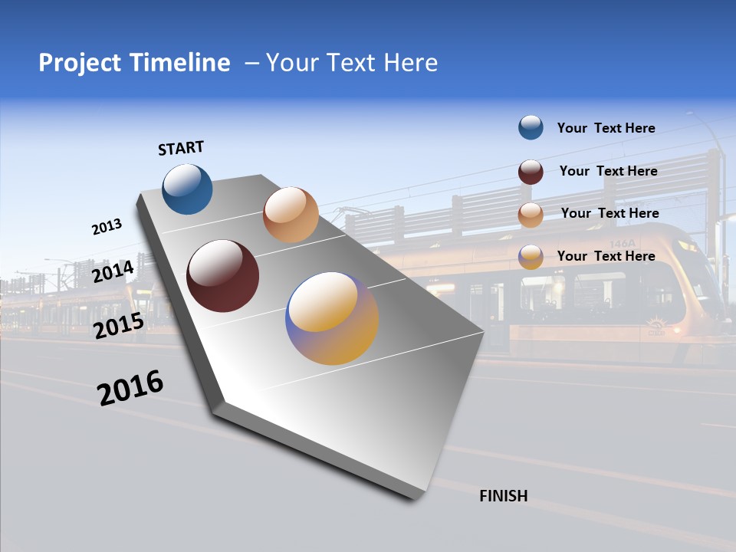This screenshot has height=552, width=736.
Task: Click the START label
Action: (x=182, y=148)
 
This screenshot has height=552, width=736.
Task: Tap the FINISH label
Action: (x=503, y=496)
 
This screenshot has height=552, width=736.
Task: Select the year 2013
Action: (x=107, y=227)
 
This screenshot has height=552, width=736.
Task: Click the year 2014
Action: (x=113, y=272)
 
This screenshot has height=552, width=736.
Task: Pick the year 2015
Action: (x=119, y=326)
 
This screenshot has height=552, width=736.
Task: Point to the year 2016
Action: (x=130, y=388)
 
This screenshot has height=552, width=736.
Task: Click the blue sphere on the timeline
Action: (x=188, y=189)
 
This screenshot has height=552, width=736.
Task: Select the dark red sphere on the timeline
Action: (x=223, y=276)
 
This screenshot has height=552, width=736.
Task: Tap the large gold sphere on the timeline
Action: (x=332, y=318)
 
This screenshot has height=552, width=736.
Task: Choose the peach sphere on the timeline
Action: (x=291, y=215)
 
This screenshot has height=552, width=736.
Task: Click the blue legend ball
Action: (x=531, y=127)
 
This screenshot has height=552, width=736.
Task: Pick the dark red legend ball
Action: (x=531, y=172)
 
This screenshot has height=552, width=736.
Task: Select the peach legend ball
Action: (x=531, y=215)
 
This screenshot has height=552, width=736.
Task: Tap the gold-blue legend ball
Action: (x=531, y=257)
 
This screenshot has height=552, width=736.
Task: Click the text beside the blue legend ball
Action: (x=606, y=128)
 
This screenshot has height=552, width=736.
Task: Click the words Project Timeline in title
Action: (x=134, y=63)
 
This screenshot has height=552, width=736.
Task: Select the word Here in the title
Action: (x=409, y=63)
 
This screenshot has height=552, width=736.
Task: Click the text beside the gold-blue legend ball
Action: (x=606, y=256)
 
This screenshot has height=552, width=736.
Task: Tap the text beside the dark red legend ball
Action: (x=608, y=171)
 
